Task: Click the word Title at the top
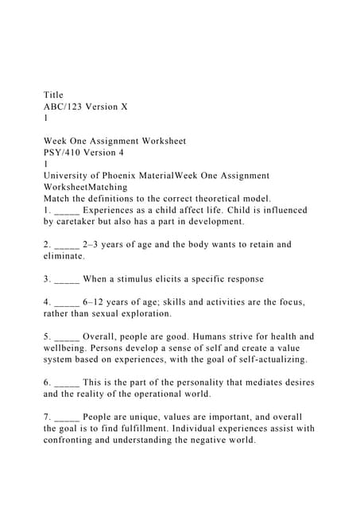point(53,95)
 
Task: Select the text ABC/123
point(66,106)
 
